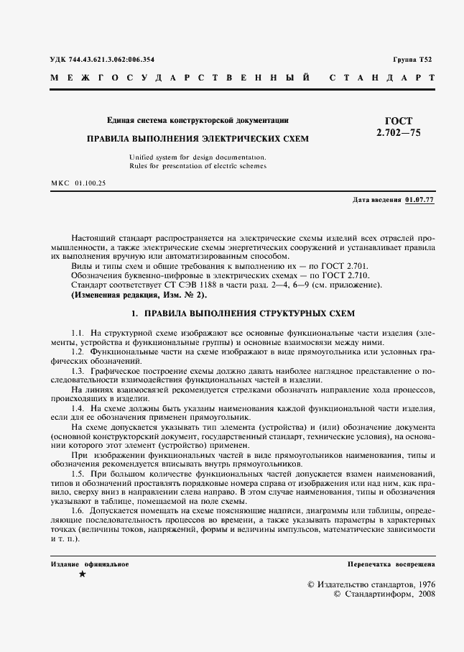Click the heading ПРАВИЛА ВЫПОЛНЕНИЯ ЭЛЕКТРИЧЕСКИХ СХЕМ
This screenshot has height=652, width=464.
[198, 139]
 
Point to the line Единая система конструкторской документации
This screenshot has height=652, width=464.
[198, 121]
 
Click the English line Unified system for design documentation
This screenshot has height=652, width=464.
[198, 157]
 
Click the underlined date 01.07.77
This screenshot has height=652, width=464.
[419, 199]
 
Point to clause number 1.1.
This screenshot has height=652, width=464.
[78, 334]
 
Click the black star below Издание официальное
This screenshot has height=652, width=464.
[82, 574]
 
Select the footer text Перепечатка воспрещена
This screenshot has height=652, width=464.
[391, 564]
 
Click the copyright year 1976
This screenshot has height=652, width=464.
[424, 585]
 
